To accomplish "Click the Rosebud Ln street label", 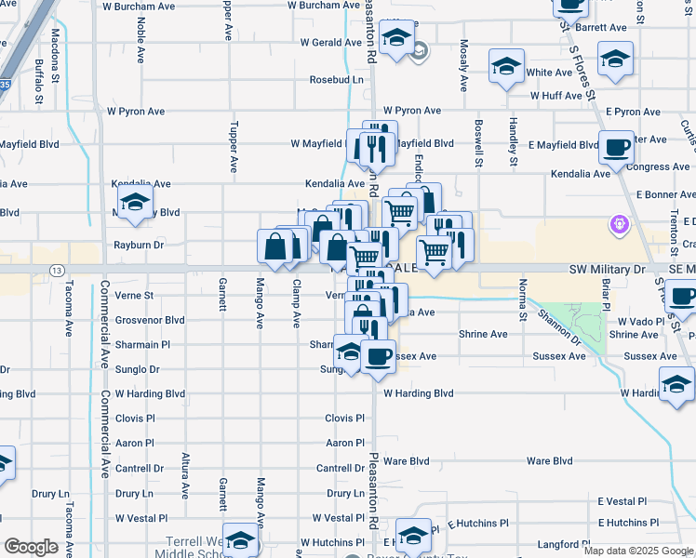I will (x=337, y=80).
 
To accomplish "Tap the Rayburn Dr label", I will (x=139, y=246).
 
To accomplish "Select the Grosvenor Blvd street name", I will (x=150, y=320).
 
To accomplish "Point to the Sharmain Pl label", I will (x=143, y=344).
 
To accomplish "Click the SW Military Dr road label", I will (x=607, y=269).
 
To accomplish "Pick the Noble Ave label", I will (x=141, y=43).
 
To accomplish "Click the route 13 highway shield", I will (x=58, y=270).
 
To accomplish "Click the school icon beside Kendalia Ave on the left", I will (x=135, y=203).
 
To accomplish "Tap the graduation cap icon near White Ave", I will (x=506, y=66).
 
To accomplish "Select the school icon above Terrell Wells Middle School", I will (x=240, y=540).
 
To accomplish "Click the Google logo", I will (x=32, y=547).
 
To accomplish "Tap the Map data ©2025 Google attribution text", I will (x=637, y=551).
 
